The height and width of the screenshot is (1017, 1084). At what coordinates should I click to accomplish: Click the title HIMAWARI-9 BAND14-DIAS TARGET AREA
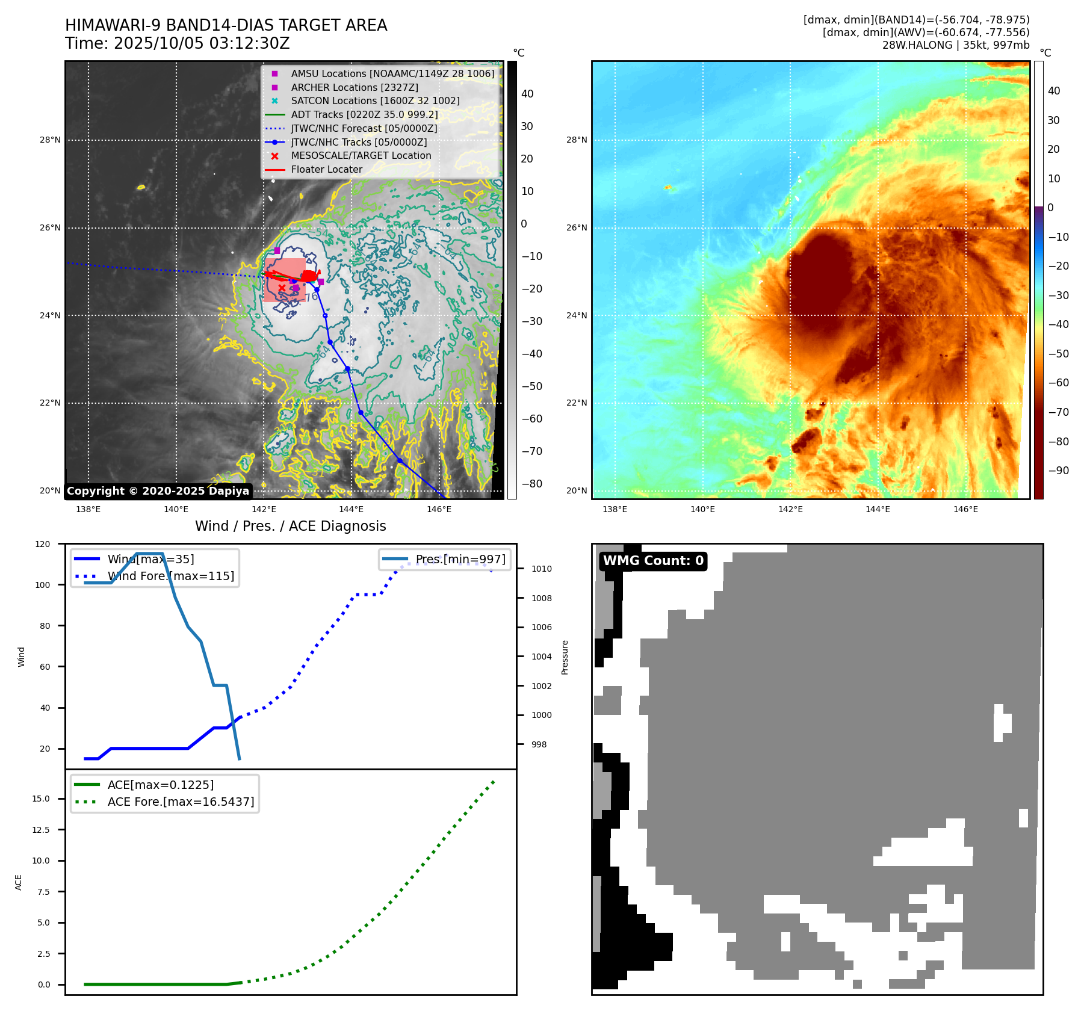click(x=226, y=25)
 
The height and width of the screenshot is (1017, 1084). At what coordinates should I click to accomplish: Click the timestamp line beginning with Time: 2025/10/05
click(x=178, y=43)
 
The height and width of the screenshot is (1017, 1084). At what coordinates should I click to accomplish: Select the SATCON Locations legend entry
click(x=375, y=100)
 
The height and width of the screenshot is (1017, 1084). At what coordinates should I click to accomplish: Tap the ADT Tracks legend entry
click(x=364, y=114)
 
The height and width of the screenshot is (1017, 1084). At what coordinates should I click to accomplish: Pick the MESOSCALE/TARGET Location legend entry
click(x=361, y=155)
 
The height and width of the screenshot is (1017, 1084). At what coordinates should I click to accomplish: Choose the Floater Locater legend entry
click(x=326, y=169)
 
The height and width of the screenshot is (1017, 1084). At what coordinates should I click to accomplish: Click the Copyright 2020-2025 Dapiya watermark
click(x=158, y=491)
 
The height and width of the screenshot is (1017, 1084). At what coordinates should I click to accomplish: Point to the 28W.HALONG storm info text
click(x=956, y=45)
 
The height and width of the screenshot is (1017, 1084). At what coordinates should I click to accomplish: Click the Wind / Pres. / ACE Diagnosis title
click(x=290, y=526)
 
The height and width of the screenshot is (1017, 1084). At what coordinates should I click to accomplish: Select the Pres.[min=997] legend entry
click(x=460, y=559)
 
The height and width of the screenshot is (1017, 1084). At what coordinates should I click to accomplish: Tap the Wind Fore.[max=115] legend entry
click(x=171, y=576)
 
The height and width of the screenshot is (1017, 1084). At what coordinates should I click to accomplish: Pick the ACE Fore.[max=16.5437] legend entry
click(x=181, y=802)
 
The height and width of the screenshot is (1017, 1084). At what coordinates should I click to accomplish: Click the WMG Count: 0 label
click(x=653, y=561)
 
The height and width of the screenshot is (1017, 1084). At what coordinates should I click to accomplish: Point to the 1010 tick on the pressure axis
click(x=541, y=569)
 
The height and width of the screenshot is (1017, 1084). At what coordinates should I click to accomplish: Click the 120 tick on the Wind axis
click(x=43, y=544)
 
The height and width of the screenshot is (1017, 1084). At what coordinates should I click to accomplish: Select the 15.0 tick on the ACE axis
click(x=41, y=799)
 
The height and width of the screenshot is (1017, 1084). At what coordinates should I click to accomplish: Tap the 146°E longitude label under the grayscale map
click(x=439, y=509)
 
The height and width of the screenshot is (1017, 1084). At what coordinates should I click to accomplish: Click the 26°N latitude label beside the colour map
click(x=577, y=227)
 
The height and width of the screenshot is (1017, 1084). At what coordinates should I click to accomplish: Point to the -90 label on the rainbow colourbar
click(x=1058, y=471)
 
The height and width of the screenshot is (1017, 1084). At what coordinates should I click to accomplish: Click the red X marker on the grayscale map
click(x=282, y=288)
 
